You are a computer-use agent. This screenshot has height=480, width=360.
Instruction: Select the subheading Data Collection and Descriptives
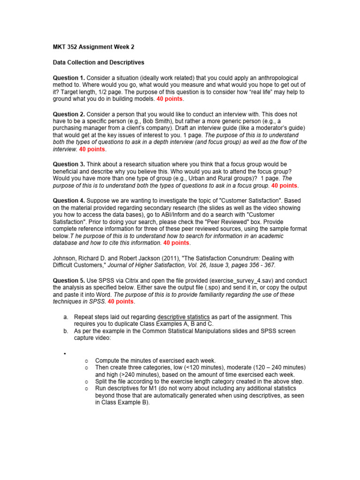click(x=98, y=62)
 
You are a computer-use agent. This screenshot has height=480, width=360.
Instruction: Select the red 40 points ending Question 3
click(x=284, y=186)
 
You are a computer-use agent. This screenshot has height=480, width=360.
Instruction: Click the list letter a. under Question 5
click(x=66, y=317)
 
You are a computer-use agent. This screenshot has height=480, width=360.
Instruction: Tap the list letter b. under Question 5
click(x=66, y=331)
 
